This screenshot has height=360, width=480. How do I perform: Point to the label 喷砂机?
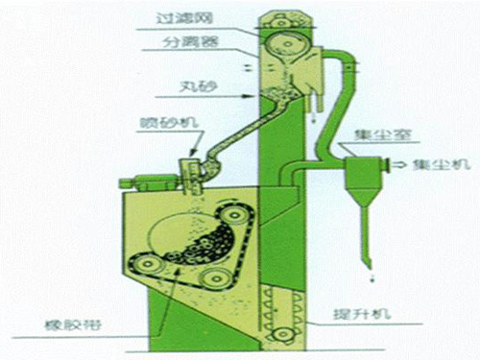(155, 126)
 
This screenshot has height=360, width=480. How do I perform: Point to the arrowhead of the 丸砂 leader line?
(254, 98)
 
